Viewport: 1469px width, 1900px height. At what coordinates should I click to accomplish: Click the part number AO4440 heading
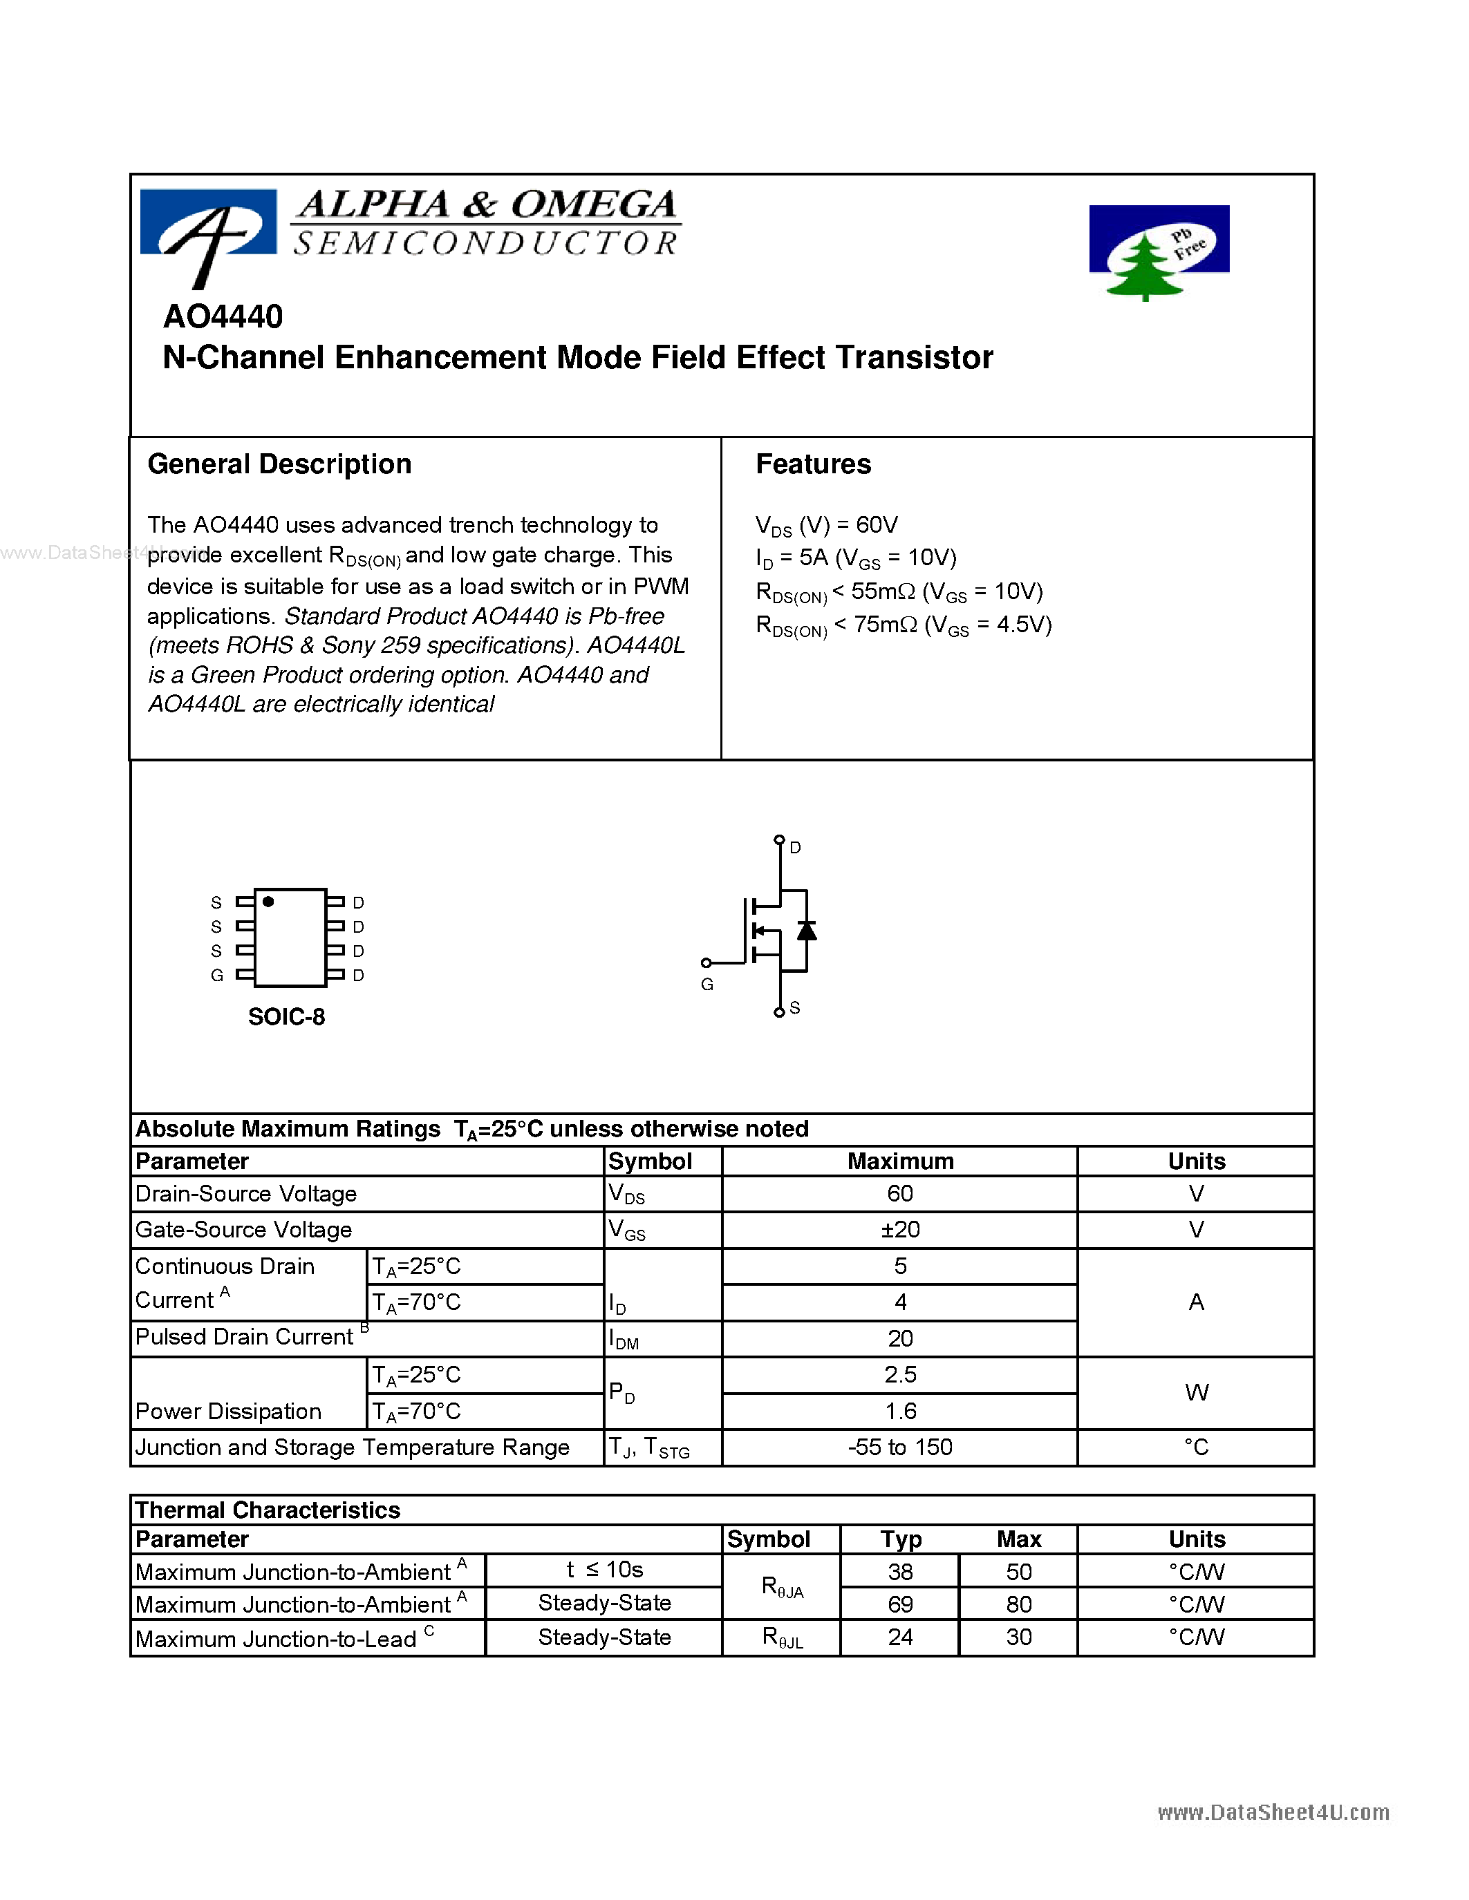(223, 316)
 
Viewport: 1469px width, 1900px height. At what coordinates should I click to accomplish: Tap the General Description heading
(279, 464)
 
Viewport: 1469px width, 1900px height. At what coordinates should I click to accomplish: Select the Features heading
(813, 464)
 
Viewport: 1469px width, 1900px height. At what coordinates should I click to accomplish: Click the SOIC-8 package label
(286, 1016)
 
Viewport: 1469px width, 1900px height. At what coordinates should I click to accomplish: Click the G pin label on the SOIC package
(216, 976)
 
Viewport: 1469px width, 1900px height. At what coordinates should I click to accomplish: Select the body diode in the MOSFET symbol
(807, 930)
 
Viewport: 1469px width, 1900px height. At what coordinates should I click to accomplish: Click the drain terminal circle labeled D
(779, 839)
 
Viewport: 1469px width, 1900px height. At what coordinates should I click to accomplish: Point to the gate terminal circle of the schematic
(706, 962)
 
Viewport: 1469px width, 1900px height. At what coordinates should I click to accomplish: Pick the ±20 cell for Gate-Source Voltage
(900, 1229)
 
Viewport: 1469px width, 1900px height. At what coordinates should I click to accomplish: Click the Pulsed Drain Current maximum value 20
(900, 1338)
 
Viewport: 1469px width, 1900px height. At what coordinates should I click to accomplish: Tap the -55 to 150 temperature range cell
(900, 1447)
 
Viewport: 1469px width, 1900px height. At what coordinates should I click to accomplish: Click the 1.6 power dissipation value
(900, 1411)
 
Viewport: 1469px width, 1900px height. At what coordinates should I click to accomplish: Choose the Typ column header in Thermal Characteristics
(900, 1539)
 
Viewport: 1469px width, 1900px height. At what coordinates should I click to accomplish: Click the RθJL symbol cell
(781, 1637)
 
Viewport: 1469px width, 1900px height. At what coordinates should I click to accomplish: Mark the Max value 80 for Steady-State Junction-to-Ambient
(1018, 1604)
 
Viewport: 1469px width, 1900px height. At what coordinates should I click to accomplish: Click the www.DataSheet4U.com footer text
(1272, 1812)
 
